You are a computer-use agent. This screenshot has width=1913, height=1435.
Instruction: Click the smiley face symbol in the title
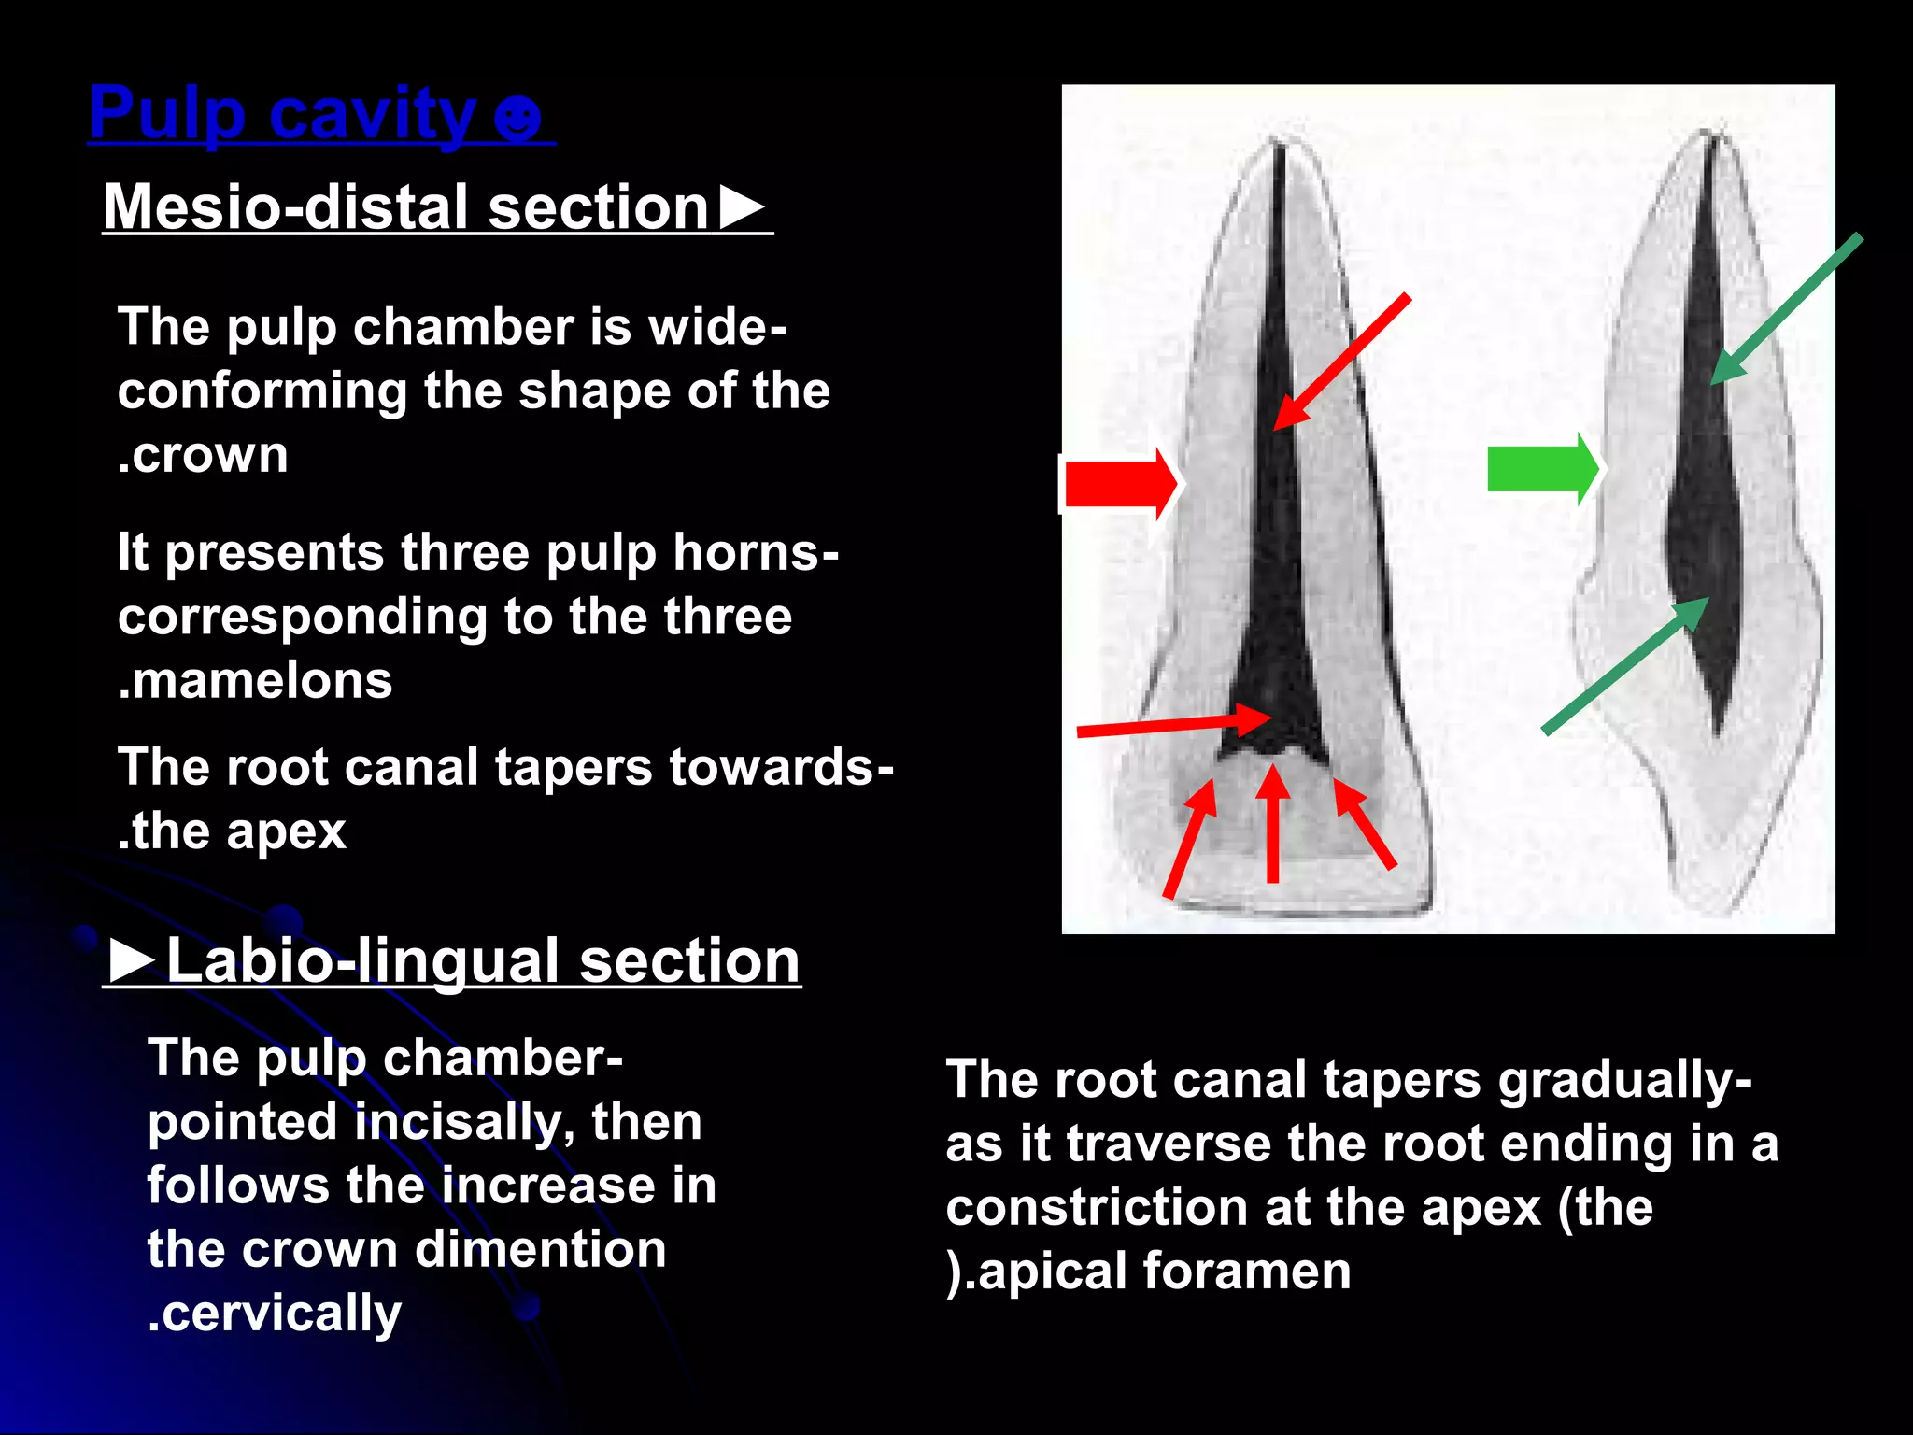(517, 120)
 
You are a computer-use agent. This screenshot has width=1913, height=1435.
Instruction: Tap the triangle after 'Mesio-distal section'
(743, 207)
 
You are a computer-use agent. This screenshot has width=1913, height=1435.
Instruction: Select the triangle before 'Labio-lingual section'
(132, 959)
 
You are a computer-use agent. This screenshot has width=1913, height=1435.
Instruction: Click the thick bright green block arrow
(1541, 468)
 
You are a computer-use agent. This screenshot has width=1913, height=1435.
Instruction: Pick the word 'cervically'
(280, 1314)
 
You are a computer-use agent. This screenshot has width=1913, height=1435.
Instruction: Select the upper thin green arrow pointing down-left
(1786, 309)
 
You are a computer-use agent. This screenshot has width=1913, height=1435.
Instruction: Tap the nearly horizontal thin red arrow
(1173, 725)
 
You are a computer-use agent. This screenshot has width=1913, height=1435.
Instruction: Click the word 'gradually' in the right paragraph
(1617, 1081)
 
